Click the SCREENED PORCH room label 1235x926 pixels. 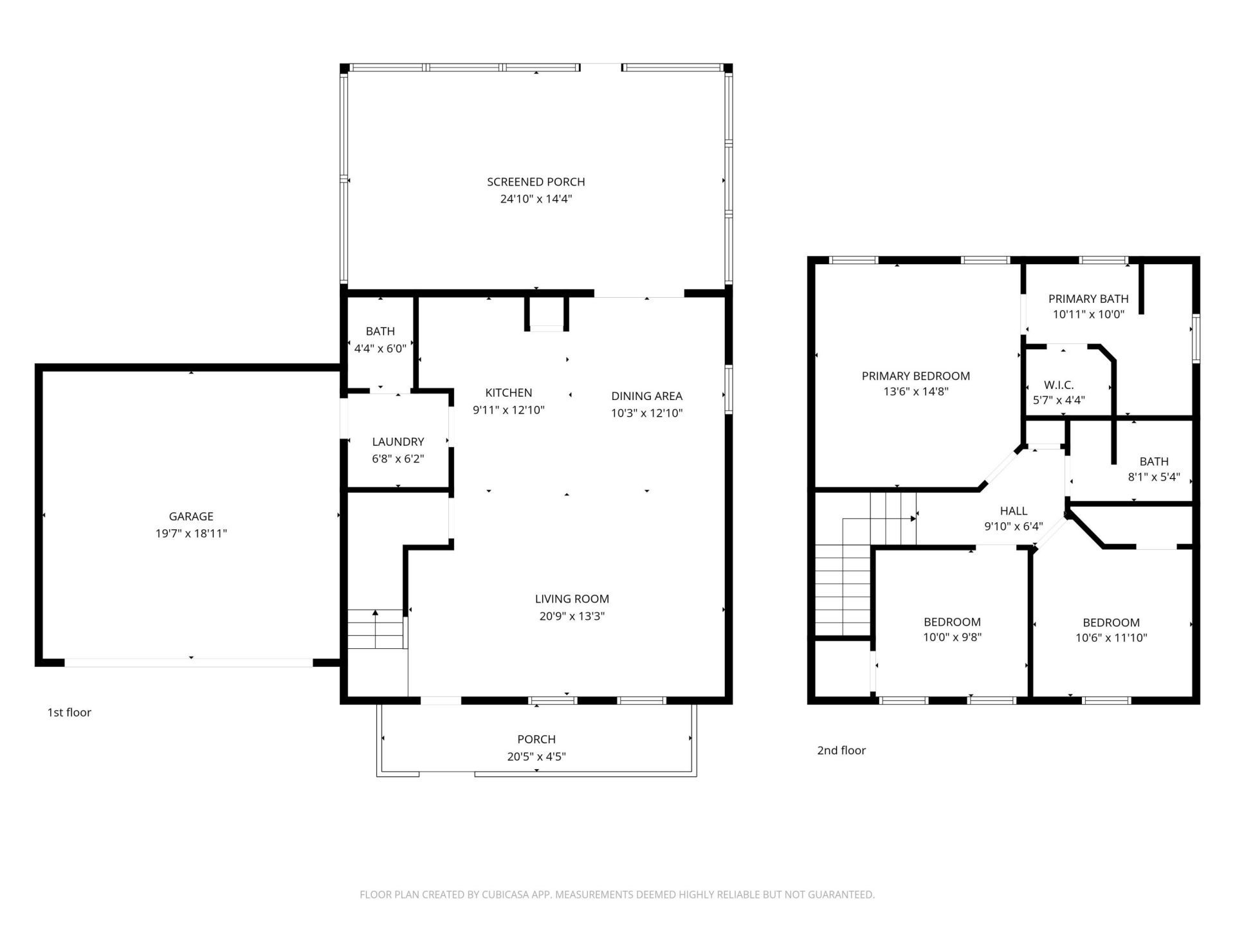[536, 182]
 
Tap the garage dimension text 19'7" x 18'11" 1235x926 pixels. [191, 533]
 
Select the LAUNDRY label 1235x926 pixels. [398, 442]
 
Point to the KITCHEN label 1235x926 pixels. [508, 393]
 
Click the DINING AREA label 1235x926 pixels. [646, 396]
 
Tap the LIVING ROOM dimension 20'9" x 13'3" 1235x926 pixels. [572, 616]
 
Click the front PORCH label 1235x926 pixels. [536, 740]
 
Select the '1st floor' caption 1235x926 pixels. [69, 713]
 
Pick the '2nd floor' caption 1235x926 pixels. [841, 750]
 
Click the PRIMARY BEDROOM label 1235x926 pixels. [915, 376]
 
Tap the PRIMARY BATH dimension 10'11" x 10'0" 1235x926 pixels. [1088, 314]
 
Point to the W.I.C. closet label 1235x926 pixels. [1058, 385]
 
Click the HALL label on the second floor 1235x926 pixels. [1013, 511]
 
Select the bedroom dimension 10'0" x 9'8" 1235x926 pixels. [952, 637]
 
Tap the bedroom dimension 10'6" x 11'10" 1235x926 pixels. [1111, 638]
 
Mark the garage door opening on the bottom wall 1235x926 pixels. [188, 662]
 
